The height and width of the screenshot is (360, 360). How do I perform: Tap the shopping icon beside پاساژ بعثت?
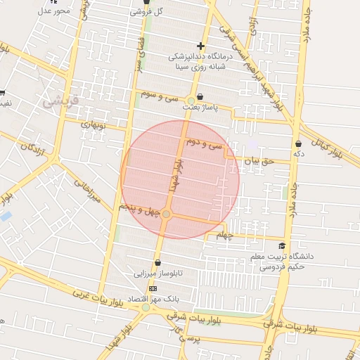click(200, 97)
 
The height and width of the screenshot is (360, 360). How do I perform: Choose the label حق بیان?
click(256, 161)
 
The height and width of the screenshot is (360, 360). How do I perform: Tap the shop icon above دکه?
click(299, 143)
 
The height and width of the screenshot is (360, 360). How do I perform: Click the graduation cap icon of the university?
click(282, 246)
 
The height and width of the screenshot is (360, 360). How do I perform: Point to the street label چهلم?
click(224, 234)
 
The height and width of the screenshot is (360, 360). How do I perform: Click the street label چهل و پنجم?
click(135, 210)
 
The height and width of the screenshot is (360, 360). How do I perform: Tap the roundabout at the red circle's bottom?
click(167, 214)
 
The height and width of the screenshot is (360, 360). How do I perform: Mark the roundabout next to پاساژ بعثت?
click(191, 101)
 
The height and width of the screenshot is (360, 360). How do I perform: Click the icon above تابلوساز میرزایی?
click(157, 263)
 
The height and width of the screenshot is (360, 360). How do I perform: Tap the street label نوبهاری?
click(92, 124)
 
